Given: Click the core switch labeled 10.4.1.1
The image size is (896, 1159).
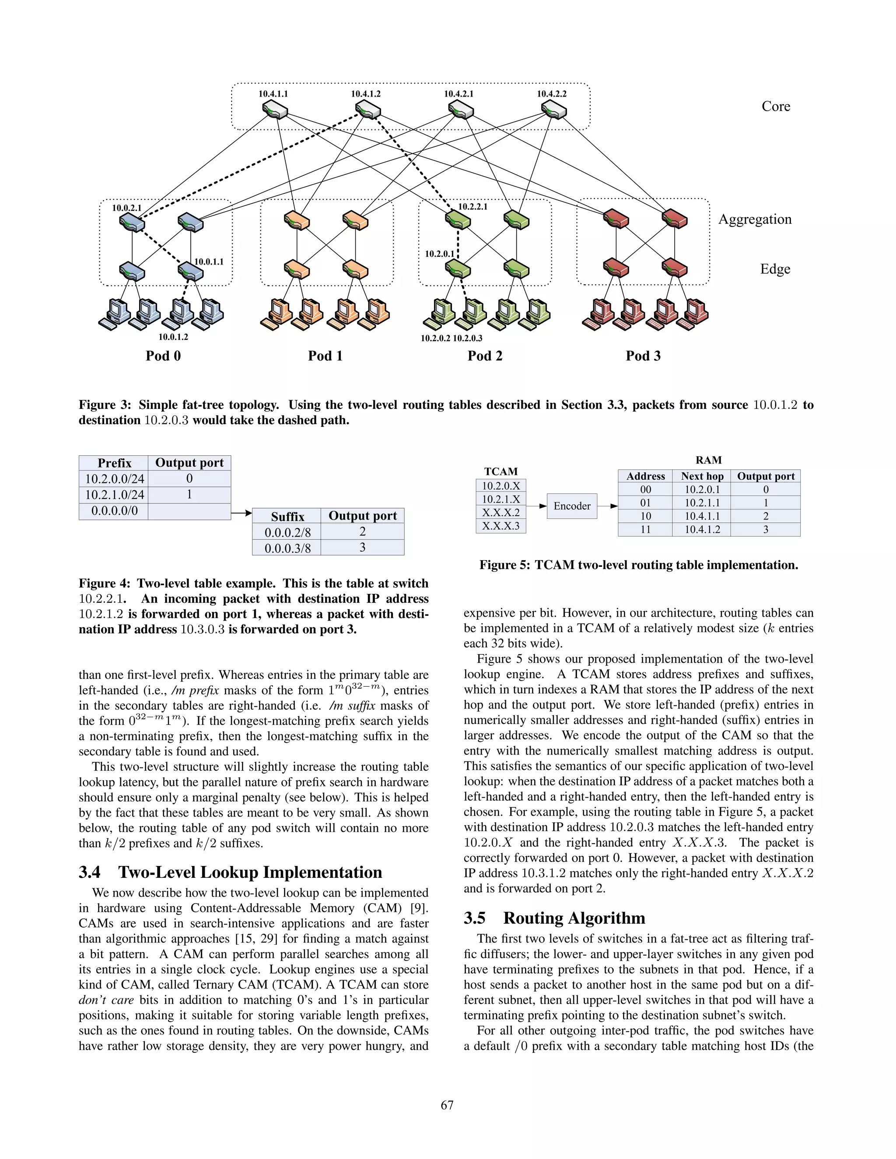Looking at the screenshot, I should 275,111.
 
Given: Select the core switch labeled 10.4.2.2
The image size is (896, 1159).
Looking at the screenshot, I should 553,111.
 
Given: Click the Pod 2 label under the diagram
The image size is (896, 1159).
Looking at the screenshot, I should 485,356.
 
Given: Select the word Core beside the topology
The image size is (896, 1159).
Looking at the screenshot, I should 776,107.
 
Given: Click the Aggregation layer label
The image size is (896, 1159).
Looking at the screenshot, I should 754,220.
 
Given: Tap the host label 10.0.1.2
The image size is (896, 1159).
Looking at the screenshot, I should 173,337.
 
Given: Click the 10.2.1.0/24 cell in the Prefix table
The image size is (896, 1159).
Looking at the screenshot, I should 114,495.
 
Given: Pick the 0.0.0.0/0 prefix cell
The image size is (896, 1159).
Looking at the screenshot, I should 114,511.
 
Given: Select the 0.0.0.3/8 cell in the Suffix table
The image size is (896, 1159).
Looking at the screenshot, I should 287,548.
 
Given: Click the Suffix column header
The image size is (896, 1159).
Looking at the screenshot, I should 287,517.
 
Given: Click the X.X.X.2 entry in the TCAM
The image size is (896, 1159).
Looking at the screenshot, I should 500,513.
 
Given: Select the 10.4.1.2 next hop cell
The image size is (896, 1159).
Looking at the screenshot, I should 702,530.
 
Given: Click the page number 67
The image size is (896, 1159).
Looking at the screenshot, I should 448,1105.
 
